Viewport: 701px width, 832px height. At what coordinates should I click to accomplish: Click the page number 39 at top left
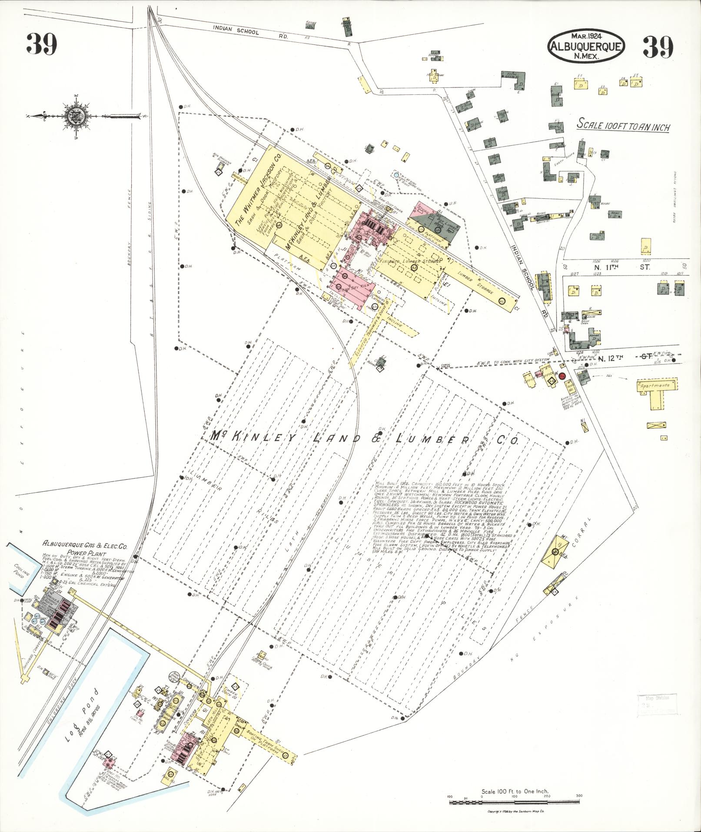42,44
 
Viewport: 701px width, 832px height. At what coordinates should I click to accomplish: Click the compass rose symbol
73,116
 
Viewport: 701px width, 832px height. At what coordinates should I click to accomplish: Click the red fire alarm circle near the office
562,376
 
